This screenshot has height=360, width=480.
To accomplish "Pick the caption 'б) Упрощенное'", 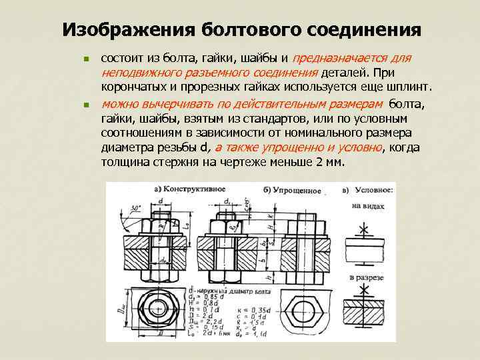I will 292,191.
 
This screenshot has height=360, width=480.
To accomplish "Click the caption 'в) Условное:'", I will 369,190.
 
